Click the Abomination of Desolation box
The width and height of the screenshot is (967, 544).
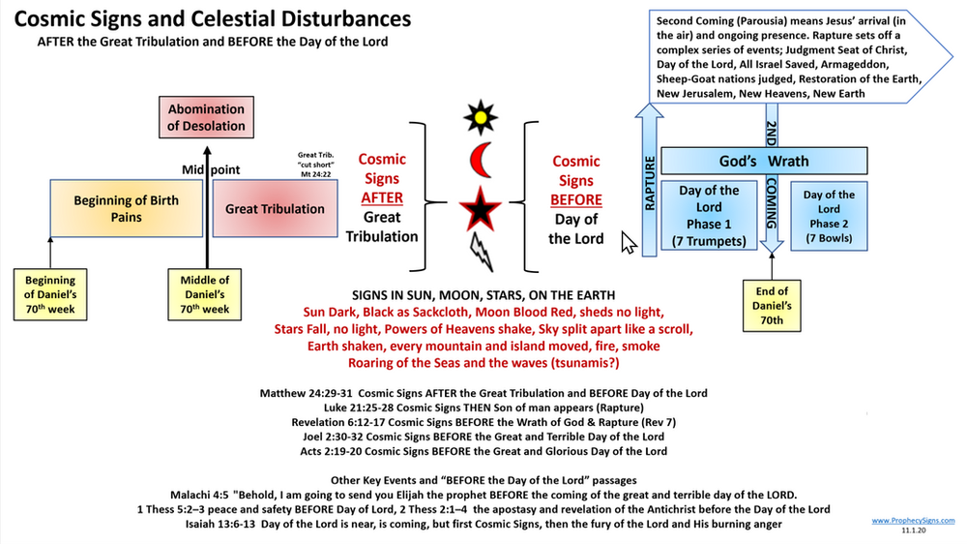tap(205, 118)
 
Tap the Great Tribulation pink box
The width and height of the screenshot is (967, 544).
tap(275, 209)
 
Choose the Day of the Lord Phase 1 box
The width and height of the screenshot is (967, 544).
tap(710, 214)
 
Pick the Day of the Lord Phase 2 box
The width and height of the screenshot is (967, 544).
tap(829, 215)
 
